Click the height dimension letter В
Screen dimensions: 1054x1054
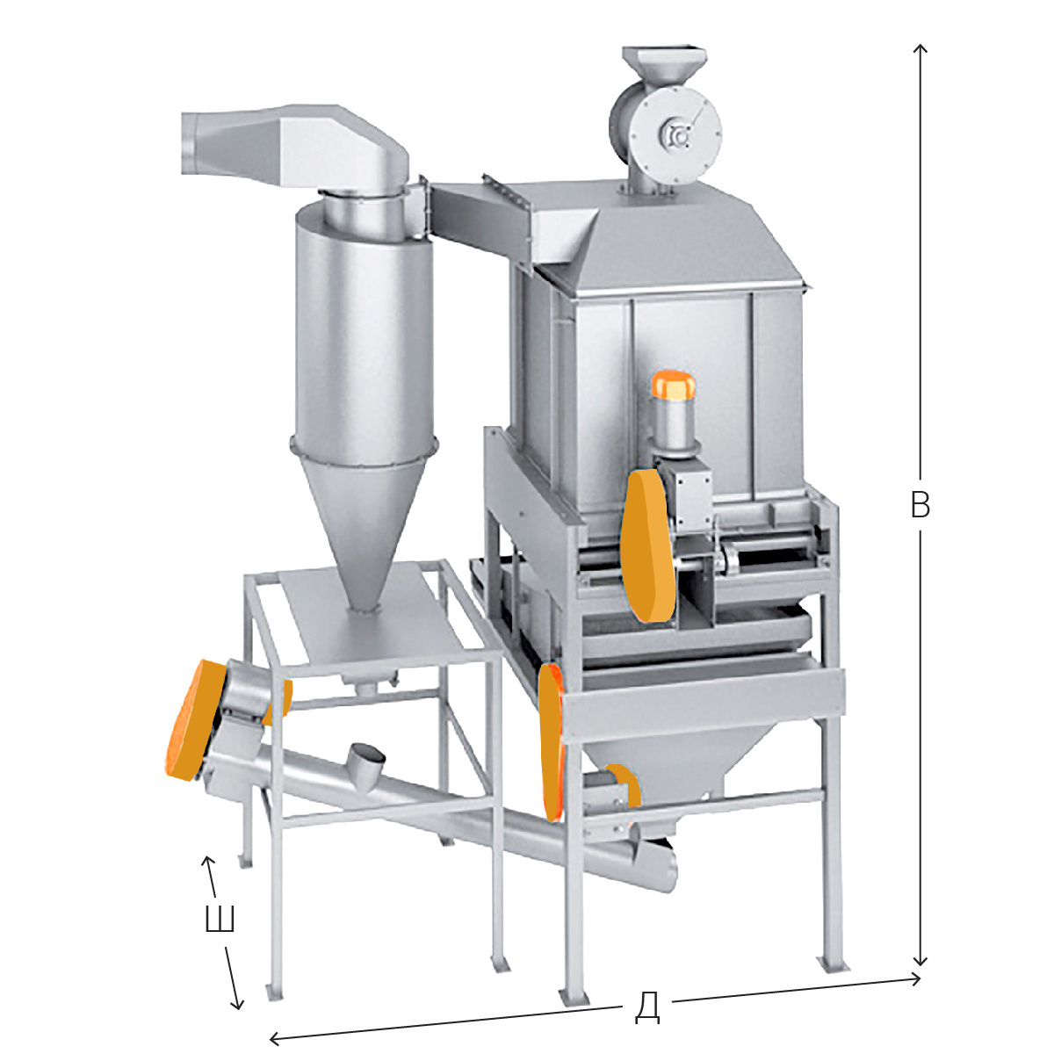[920, 505]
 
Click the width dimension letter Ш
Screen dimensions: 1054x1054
[220, 919]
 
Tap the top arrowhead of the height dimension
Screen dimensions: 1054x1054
[920, 48]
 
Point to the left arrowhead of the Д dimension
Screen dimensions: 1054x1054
[276, 1036]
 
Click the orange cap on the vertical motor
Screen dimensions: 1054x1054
[673, 385]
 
